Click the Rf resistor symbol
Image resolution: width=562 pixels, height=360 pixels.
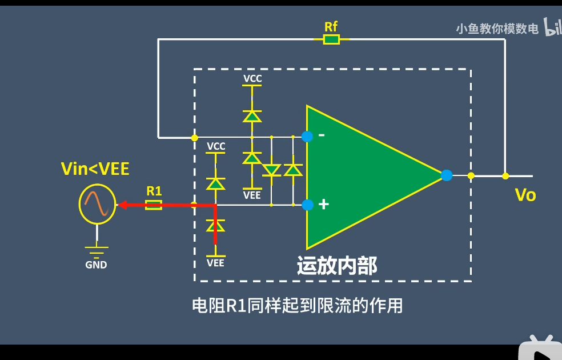tap(331, 39)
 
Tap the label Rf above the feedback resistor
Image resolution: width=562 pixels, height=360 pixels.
tap(331, 26)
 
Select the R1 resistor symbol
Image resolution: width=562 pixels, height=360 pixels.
tap(154, 205)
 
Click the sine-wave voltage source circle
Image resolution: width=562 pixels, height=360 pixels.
tap(97, 203)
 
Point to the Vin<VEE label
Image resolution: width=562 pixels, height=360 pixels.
tap(95, 169)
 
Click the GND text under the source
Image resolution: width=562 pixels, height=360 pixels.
tap(96, 265)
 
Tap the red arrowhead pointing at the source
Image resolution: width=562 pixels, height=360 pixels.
tap(122, 205)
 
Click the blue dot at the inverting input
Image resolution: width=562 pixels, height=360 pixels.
tap(307, 136)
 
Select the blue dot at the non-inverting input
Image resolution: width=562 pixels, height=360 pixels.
tap(307, 205)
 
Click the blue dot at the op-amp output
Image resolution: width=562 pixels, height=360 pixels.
tap(447, 175)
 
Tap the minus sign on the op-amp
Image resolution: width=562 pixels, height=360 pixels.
tap(322, 135)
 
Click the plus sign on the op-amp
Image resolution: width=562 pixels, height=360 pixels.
tap(323, 204)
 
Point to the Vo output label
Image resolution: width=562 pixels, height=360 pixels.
tap(525, 195)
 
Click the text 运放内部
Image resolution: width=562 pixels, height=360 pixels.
tap(337, 266)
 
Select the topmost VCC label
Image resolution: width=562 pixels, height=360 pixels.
tap(252, 78)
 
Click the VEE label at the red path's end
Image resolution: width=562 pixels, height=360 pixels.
tap(215, 263)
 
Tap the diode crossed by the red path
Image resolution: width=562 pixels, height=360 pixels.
tap(215, 226)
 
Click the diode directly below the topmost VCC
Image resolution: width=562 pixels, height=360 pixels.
tap(251, 116)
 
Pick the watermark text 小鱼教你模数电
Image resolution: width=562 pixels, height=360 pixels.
tap(497, 29)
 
